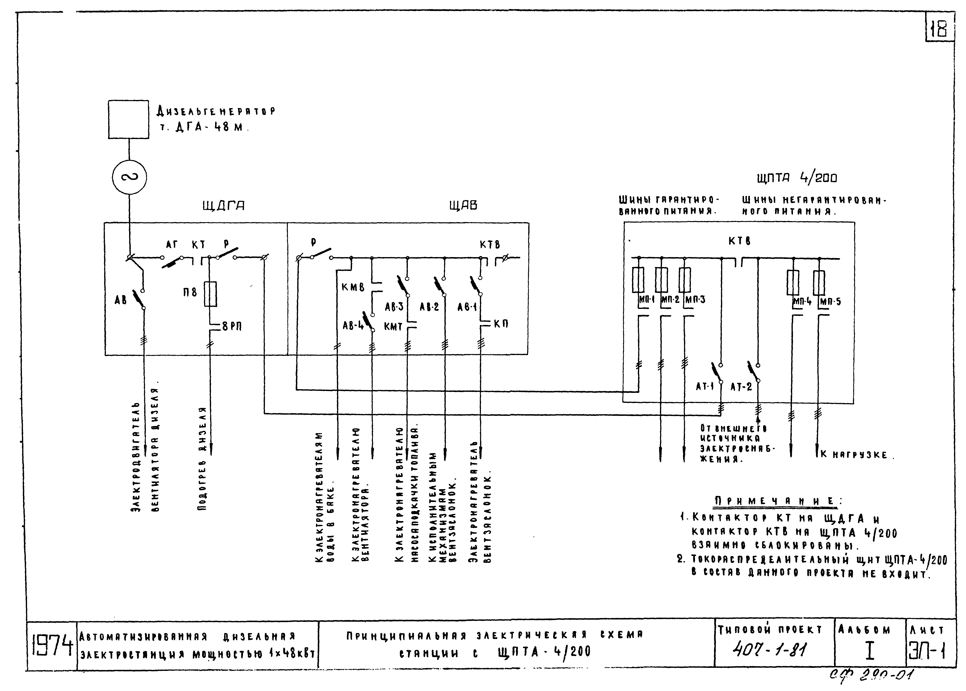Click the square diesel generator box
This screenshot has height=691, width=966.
129,119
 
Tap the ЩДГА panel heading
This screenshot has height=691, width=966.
223,206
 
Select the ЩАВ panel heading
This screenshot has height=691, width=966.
463,205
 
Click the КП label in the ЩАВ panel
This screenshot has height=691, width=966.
501,324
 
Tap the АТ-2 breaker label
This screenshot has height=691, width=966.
741,387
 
